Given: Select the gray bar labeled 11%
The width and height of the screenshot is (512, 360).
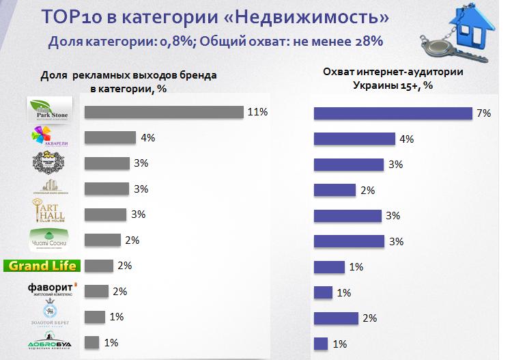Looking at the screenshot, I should point(164,112).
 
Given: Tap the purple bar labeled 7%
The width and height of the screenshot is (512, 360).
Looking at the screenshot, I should point(393,113).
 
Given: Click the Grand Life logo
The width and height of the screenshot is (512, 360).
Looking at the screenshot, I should point(42,266).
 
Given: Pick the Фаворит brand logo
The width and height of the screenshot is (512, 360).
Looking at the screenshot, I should point(46,289).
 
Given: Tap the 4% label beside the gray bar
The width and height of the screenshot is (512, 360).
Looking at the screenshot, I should point(148,137).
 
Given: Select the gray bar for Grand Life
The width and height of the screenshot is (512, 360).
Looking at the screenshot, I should point(98,266).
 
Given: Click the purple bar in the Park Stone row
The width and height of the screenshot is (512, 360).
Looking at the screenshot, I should point(393,113).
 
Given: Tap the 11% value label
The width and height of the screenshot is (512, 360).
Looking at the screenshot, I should point(257,111).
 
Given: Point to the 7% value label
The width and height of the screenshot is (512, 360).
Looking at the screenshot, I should point(484,113).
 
